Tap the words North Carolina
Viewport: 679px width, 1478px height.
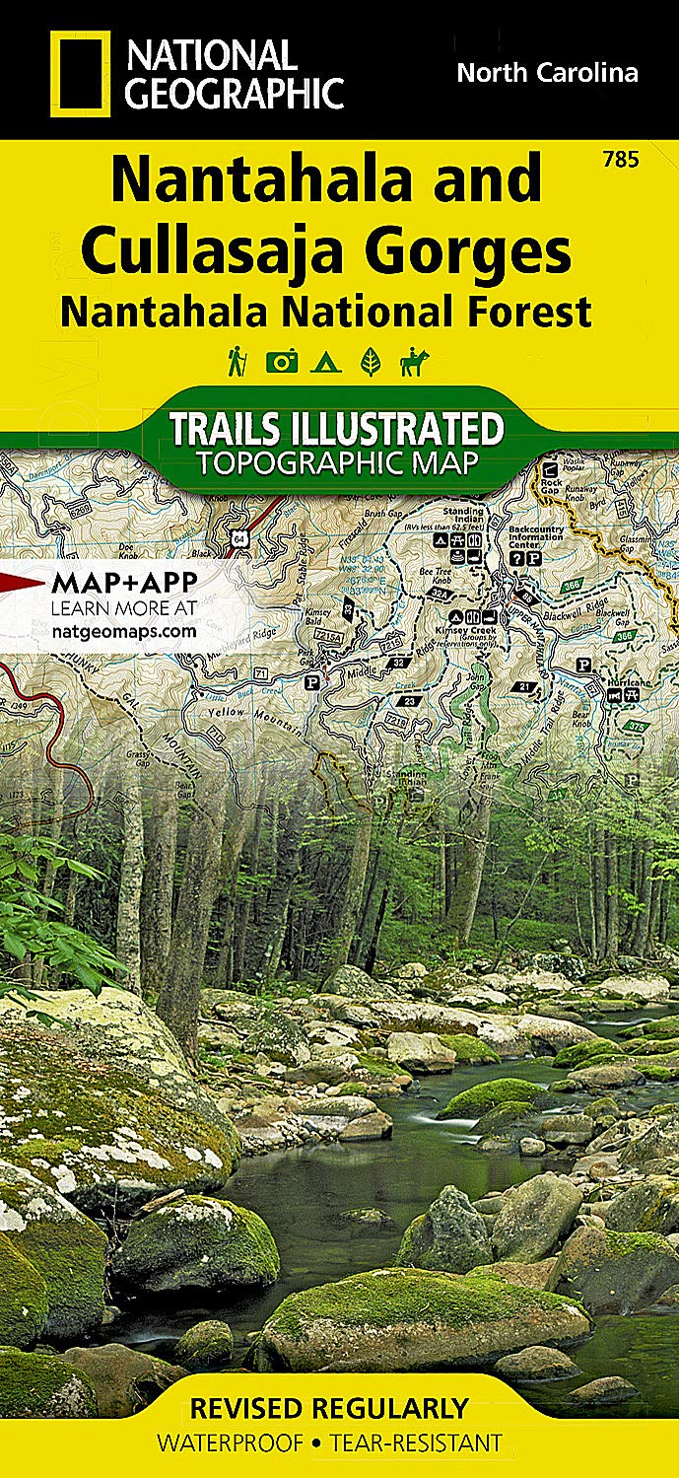(547, 72)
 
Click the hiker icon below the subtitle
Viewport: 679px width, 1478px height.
(237, 362)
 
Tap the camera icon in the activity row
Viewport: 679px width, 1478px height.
(281, 362)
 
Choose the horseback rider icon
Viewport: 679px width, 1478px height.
(414, 362)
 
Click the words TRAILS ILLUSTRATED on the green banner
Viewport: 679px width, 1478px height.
(336, 430)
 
